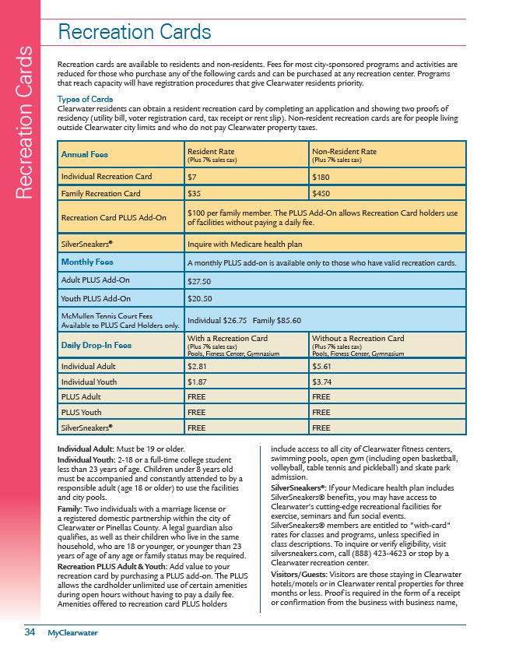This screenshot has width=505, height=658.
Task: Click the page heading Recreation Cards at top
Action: (x=135, y=32)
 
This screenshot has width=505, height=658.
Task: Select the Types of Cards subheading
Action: (x=85, y=99)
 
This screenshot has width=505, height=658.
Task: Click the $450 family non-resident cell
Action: (x=319, y=192)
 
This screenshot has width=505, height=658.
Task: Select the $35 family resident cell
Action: (x=194, y=192)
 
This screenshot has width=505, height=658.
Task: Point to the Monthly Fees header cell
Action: (x=88, y=262)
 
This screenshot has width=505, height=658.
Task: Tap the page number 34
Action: (x=29, y=632)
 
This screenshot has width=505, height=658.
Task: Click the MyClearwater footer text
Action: (x=72, y=632)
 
